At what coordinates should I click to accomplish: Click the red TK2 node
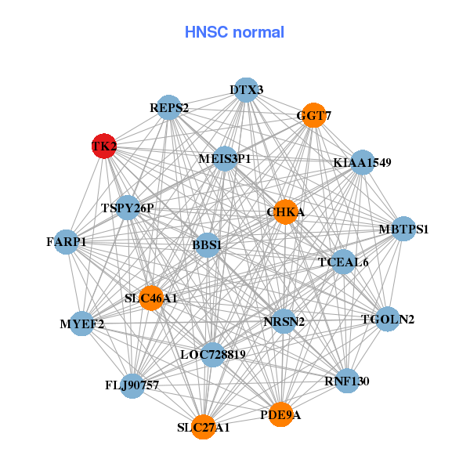click(104, 146)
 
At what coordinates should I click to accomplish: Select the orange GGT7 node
click(313, 116)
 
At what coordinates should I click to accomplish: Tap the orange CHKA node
click(285, 211)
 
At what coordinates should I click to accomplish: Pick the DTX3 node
click(247, 89)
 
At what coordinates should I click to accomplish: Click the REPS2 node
click(169, 107)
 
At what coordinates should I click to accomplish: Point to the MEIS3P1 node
click(225, 158)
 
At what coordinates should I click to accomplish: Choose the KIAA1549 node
click(362, 162)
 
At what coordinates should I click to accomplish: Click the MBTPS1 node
click(403, 229)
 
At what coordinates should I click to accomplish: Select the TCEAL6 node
click(343, 262)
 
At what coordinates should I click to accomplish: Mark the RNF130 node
click(346, 381)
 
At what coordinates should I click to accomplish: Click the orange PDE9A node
click(280, 414)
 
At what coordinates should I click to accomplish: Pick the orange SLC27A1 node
click(204, 427)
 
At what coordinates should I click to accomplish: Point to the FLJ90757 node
click(132, 385)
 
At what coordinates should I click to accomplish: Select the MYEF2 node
click(82, 323)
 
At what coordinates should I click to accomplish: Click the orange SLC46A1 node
click(151, 298)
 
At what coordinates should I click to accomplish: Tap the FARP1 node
click(67, 242)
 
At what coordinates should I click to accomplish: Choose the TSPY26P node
click(128, 208)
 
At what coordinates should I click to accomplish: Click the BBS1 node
click(207, 245)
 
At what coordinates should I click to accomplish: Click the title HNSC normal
click(234, 32)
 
